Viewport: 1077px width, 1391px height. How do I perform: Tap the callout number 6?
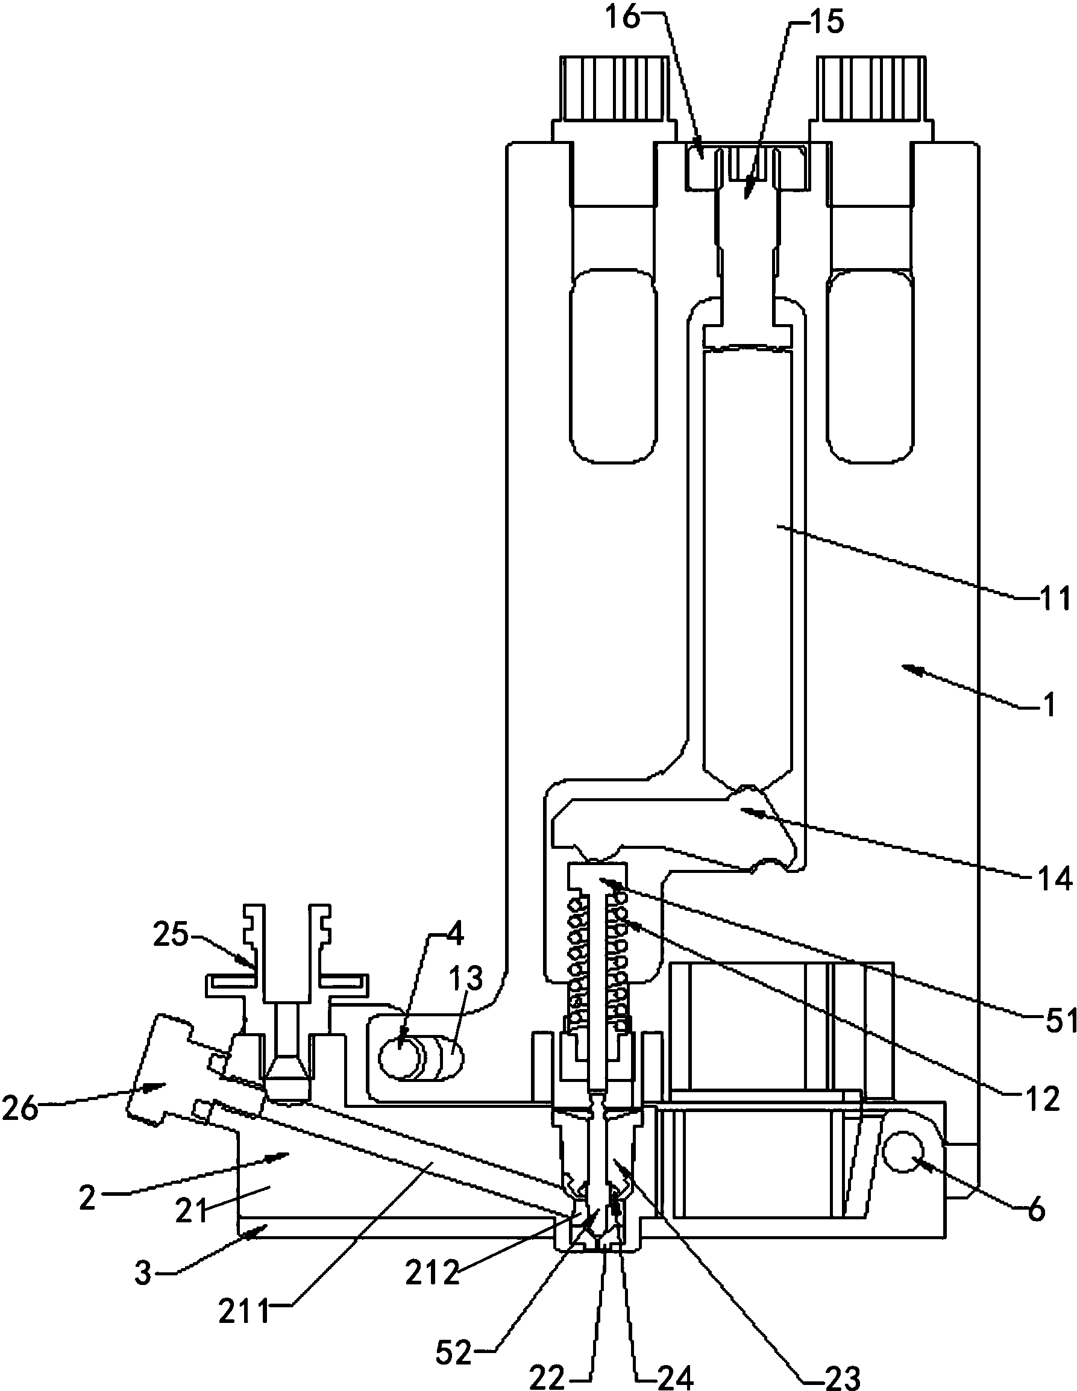[1037, 1210]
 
